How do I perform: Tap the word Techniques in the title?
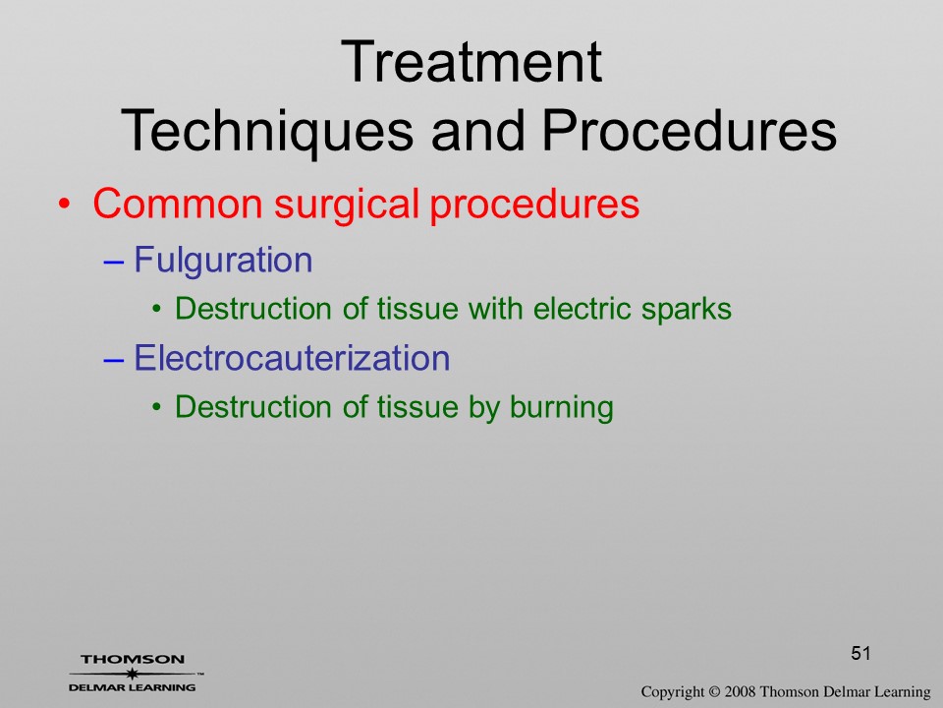[x=267, y=132]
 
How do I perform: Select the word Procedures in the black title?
[x=690, y=130]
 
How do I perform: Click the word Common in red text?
[x=178, y=204]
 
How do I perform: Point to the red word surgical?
[x=347, y=205]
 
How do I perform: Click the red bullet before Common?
[x=64, y=205]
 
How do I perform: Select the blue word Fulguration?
[x=223, y=261]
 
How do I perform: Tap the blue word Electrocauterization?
[x=292, y=358]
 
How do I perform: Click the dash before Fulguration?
[x=114, y=262]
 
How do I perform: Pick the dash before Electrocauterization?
[x=114, y=360]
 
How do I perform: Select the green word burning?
[x=562, y=407]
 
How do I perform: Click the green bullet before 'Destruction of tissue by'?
[x=157, y=407]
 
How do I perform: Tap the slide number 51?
[x=860, y=653]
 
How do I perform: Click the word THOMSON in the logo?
[x=133, y=659]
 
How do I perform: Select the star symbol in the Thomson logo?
[x=133, y=674]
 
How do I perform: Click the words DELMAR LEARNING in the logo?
[x=133, y=687]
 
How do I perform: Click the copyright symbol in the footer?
[x=714, y=692]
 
